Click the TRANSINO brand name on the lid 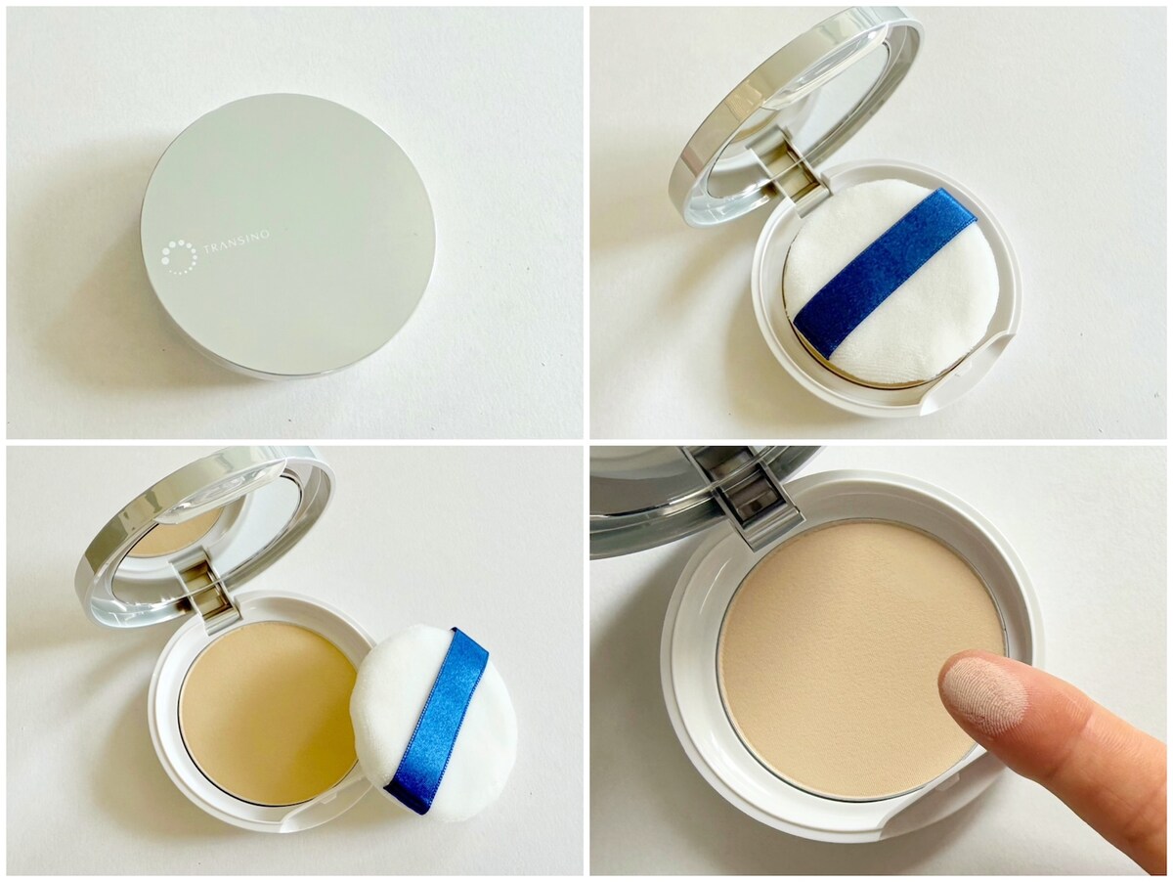238,245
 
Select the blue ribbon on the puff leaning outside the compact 437,713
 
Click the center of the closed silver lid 288,236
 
